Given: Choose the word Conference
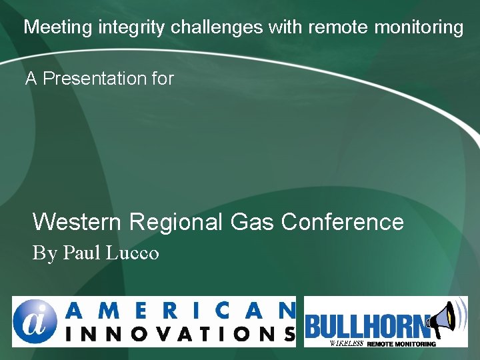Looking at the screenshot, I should point(343,221).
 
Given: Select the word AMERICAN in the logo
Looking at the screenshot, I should point(181,310).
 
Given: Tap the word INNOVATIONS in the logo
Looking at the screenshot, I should point(181,333).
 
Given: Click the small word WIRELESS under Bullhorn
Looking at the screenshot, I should point(346,343).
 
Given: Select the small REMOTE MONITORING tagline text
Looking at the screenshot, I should point(401,343).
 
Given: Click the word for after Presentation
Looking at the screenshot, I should point(163,79).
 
